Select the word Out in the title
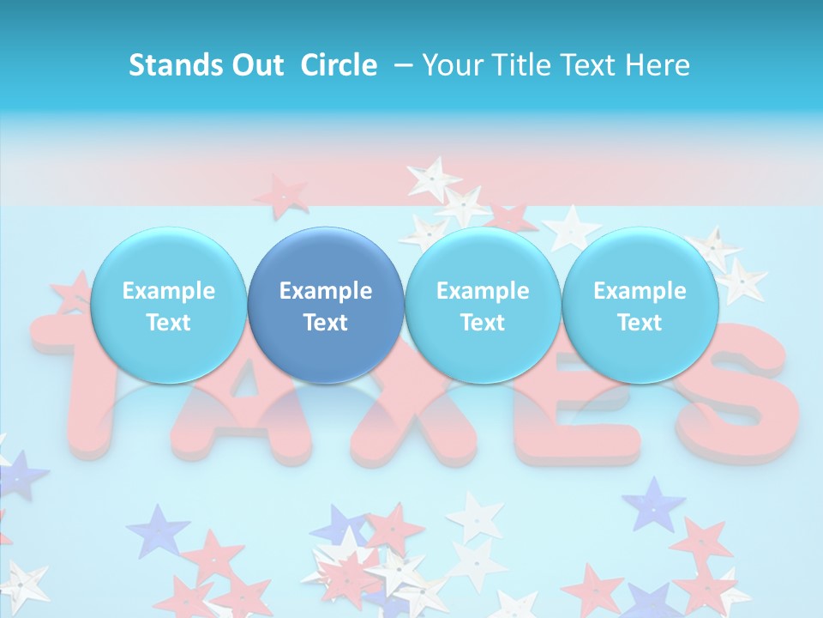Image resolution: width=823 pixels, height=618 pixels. [x=255, y=65]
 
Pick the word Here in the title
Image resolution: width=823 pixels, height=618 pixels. [x=658, y=65]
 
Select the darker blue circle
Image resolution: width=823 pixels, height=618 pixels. [x=326, y=306]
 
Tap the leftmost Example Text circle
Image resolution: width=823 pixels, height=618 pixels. [x=168, y=306]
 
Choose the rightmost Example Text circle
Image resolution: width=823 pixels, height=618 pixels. [x=640, y=306]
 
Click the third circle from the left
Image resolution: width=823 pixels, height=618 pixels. [x=483, y=306]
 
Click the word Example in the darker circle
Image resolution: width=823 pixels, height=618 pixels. [x=326, y=291]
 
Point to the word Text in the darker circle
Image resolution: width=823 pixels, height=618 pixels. [x=326, y=323]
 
